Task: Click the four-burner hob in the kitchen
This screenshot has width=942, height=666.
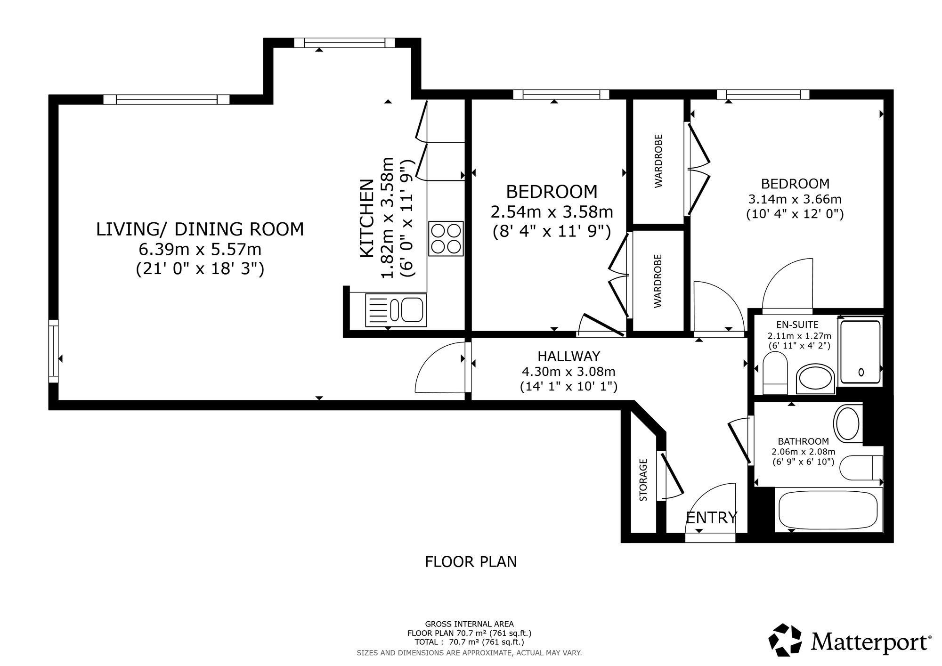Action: pyautogui.click(x=446, y=239)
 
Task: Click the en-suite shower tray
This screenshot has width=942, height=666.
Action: pyautogui.click(x=860, y=351)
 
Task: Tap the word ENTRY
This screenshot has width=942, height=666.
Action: pyautogui.click(x=711, y=518)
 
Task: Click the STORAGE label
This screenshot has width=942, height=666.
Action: pyautogui.click(x=643, y=479)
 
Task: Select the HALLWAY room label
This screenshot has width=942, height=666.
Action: pyautogui.click(x=569, y=356)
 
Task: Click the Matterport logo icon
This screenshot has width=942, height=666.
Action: pyautogui.click(x=785, y=640)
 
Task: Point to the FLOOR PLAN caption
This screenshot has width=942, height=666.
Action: pyautogui.click(x=471, y=562)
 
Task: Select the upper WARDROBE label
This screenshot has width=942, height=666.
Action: pyautogui.click(x=658, y=161)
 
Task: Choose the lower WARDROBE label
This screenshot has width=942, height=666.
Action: pyautogui.click(x=658, y=281)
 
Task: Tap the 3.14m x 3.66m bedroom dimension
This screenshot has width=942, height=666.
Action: pyautogui.click(x=795, y=199)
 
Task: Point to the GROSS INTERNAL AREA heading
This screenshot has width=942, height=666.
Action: pyautogui.click(x=470, y=625)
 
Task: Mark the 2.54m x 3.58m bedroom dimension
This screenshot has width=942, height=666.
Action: pyautogui.click(x=552, y=212)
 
